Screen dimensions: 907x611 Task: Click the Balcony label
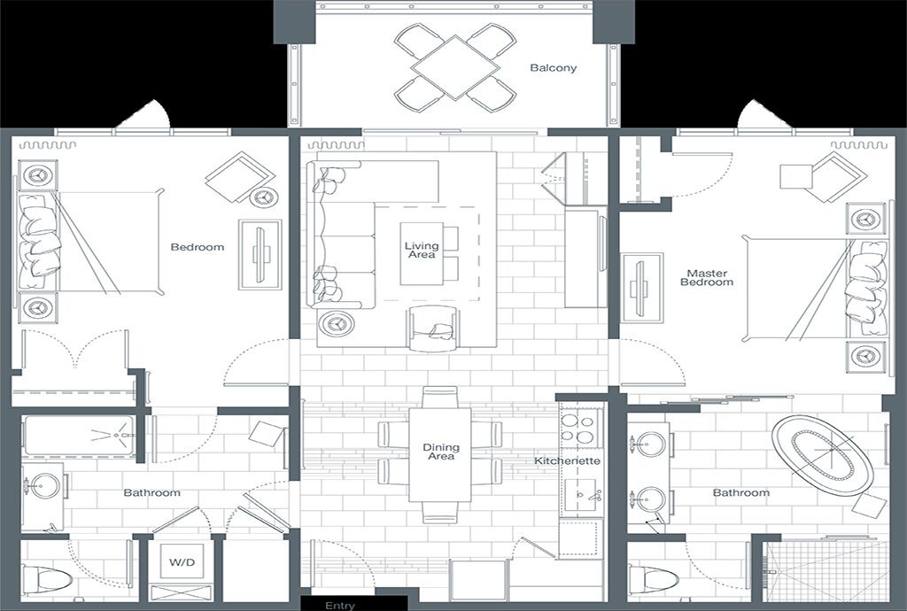[553, 67]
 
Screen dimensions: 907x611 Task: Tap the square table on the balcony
[455, 67]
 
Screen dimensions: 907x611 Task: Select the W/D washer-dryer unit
[182, 561]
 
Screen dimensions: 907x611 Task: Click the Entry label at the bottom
[339, 605]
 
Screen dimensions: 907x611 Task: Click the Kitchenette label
[567, 460]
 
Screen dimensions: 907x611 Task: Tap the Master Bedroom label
[707, 277]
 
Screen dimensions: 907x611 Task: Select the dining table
[440, 455]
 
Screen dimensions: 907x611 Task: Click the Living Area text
[421, 251]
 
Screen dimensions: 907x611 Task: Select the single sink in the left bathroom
[44, 486]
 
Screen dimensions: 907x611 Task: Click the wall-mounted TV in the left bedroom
[260, 254]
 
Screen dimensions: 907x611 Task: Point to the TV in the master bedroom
[641, 288]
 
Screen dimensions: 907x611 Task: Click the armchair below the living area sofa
[434, 329]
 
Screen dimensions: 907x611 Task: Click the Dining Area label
[441, 452]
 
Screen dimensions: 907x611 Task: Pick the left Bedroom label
[198, 247]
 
